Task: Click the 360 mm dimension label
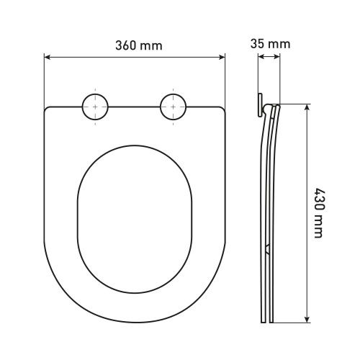[139, 45]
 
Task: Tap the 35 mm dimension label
[270, 44]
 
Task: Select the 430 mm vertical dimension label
[320, 213]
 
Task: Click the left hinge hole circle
[95, 107]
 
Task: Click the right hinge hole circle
[173, 107]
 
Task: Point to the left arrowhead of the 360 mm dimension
[47, 57]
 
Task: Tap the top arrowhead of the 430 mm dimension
[307, 107]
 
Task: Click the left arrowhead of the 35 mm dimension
[261, 57]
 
